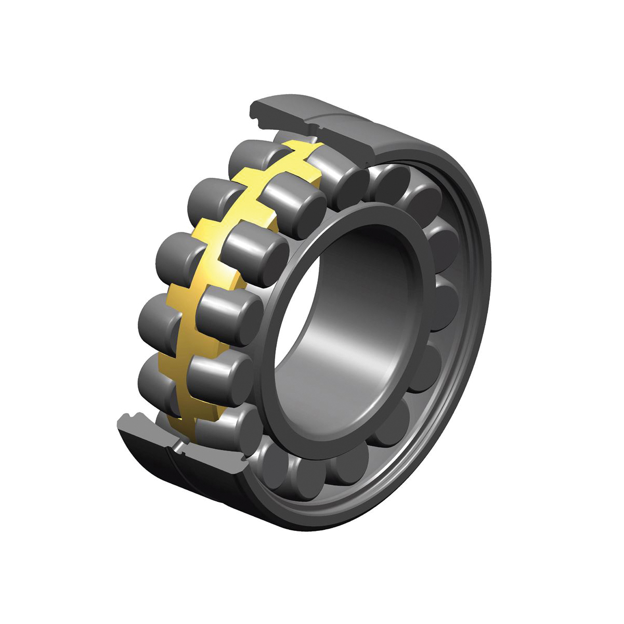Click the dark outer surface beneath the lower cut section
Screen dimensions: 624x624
coord(172,478)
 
